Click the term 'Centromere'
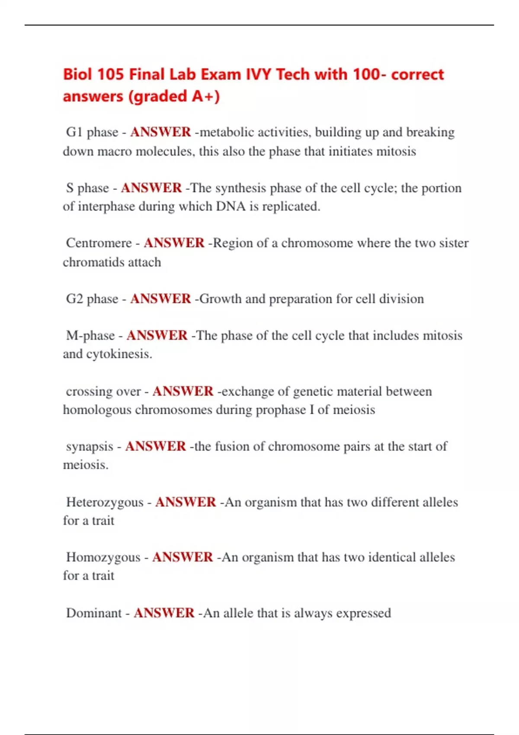point(99,243)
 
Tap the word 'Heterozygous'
point(105,502)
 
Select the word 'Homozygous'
point(103,557)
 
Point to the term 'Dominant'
point(94,613)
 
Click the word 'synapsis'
point(90,447)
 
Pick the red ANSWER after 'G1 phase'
point(160,132)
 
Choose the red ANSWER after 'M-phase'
point(157,336)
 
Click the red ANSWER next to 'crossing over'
point(183,391)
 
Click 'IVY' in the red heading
point(259,74)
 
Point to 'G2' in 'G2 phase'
point(74,299)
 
